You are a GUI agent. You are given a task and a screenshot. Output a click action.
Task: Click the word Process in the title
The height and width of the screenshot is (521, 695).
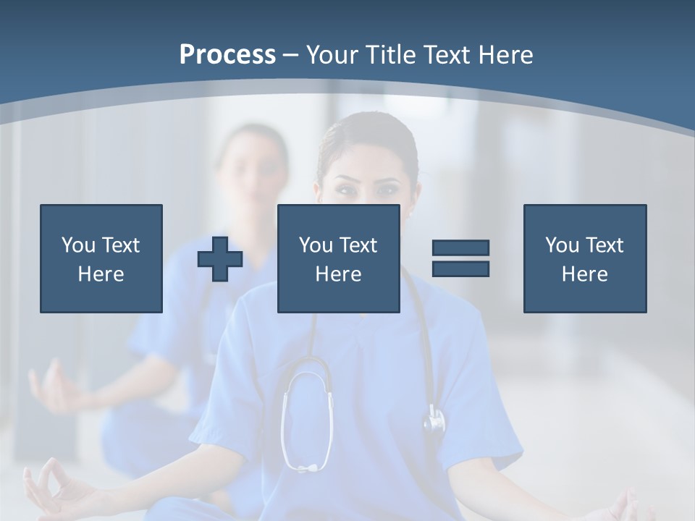tap(227, 55)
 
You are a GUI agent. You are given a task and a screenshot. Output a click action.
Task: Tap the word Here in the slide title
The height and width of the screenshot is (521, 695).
tap(505, 55)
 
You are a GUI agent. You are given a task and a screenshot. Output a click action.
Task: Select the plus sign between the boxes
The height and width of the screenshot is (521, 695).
tap(220, 258)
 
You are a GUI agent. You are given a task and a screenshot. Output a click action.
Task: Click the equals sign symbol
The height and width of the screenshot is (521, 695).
tap(460, 258)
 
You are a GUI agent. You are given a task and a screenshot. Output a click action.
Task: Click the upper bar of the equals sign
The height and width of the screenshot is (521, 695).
tap(460, 248)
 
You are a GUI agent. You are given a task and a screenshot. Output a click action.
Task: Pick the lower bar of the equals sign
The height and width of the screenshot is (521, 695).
tap(460, 268)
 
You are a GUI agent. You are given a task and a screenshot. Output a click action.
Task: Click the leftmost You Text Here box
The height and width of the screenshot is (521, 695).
tap(101, 258)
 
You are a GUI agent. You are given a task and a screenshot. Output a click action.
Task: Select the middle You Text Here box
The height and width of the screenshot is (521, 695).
tap(338, 258)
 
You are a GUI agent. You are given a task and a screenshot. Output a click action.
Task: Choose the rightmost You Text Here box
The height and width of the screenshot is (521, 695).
tap(584, 258)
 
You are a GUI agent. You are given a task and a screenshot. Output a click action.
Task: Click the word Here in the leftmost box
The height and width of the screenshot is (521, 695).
tap(101, 274)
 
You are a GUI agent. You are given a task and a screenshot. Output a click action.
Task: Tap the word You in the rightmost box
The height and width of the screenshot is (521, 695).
tap(562, 245)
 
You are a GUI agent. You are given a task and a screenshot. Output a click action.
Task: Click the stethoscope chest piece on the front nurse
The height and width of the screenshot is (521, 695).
tap(434, 420)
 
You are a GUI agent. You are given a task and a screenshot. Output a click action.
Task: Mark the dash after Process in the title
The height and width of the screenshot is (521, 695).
tap(290, 56)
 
